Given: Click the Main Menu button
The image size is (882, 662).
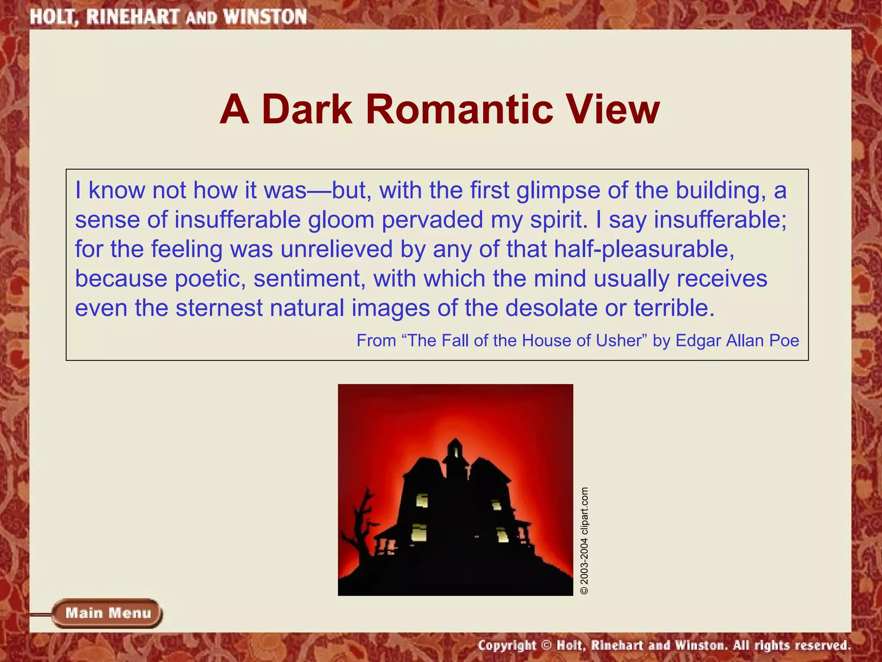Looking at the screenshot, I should pos(107,613).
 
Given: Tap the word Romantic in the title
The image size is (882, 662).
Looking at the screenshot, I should pos(459,109).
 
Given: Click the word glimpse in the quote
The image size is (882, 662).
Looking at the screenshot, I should pos(558,191).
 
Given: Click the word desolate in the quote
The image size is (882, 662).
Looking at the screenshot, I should pos(551,308).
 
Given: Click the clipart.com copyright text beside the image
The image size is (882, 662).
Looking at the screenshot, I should pos(584,541).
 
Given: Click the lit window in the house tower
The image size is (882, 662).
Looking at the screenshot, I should pos(455,452).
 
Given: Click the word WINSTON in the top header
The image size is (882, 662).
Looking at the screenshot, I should pos(265,17).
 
